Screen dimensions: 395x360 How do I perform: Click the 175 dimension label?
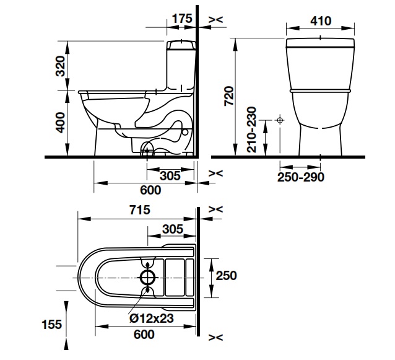[x=182, y=19]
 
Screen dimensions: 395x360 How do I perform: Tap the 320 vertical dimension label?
[x=61, y=66]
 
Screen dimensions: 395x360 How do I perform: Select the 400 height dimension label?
[x=61, y=123]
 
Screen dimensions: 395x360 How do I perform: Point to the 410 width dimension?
[x=321, y=21]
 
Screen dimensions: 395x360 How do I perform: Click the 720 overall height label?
[x=229, y=96]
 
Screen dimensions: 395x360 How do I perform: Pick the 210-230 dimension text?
[x=251, y=130]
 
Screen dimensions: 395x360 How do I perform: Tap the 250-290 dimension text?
[x=300, y=177]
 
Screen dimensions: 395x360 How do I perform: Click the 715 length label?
[x=140, y=210]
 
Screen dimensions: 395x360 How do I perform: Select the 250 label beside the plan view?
[x=226, y=275]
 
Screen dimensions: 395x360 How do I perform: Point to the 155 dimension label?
[x=51, y=324]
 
